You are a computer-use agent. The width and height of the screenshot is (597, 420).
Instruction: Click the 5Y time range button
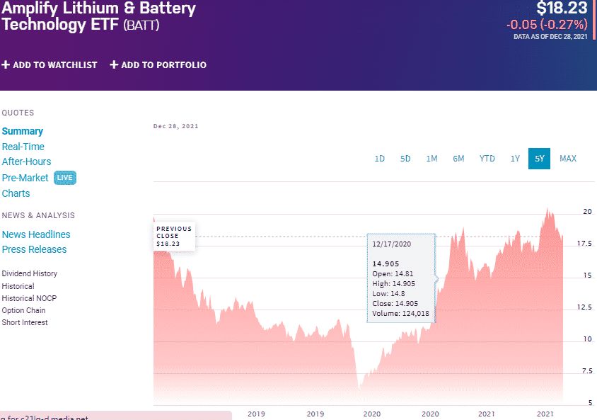coord(539,159)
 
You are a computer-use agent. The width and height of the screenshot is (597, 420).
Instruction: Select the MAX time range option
coord(567,159)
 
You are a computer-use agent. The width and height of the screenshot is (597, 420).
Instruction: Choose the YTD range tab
coord(487,159)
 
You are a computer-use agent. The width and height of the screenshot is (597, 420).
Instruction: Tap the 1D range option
coord(379,159)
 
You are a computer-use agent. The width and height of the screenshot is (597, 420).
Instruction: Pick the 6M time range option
coord(458,159)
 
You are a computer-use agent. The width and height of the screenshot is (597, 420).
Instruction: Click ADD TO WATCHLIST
coord(50,65)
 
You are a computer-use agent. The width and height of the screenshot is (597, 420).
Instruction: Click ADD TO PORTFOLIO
coord(158,65)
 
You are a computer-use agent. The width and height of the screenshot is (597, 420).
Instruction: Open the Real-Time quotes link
coord(23,147)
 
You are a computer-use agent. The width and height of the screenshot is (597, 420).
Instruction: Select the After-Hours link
coord(26,161)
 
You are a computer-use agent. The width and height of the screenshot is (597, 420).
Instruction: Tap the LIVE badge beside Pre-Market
coord(64,178)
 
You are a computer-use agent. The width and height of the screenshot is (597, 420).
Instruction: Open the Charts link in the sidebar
coord(16,193)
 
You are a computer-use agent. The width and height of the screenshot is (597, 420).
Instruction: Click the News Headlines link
coord(36,234)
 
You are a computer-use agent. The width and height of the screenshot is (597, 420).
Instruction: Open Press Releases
coord(34,249)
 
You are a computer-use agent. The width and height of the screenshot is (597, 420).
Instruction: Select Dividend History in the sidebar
coord(30,273)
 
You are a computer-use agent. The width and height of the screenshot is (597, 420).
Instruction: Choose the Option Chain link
coord(24,310)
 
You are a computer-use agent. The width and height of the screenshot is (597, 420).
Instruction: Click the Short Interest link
coord(25,322)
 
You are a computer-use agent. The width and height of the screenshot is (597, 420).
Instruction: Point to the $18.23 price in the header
coord(562,8)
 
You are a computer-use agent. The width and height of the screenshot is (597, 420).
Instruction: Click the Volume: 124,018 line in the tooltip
coord(400,313)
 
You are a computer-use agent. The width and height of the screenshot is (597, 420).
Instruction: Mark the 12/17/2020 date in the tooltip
coord(391,243)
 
